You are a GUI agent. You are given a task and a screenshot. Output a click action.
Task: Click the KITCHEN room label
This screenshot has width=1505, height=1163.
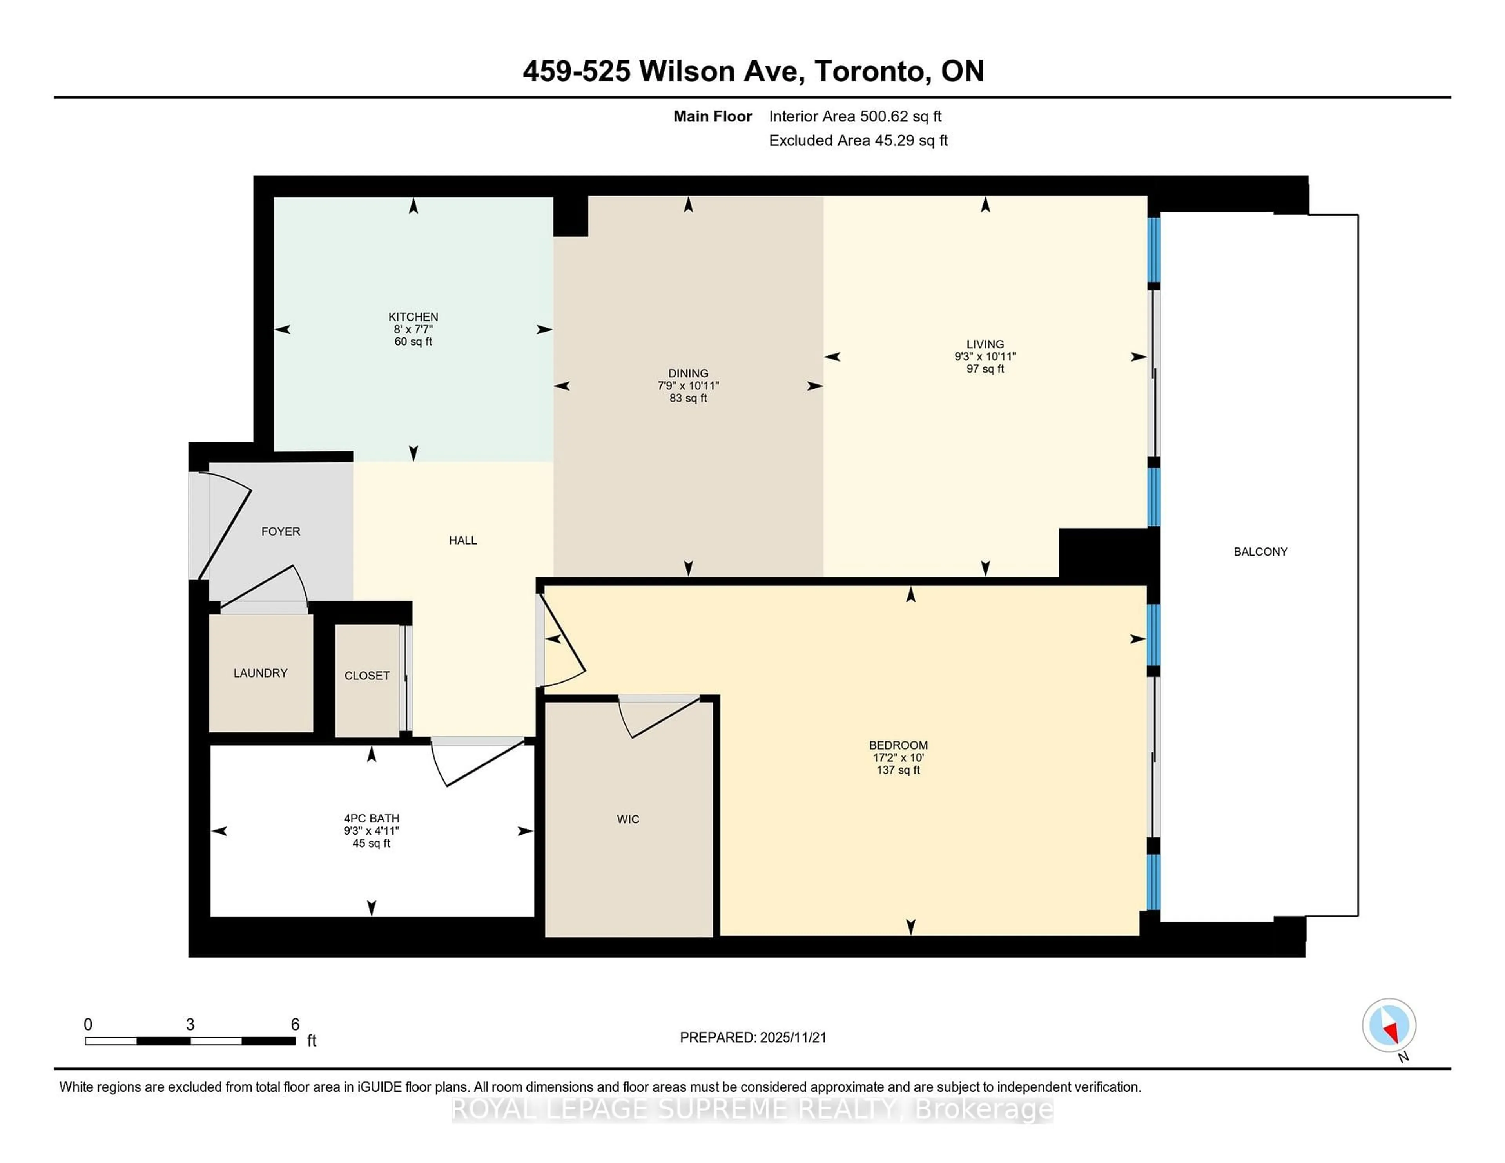413,317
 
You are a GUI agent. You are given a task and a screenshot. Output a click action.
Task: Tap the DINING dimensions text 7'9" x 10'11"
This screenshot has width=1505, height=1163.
688,386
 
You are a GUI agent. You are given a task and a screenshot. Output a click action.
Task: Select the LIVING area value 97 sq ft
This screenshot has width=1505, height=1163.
985,369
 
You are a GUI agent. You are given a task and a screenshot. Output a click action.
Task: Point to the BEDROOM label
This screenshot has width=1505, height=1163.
898,745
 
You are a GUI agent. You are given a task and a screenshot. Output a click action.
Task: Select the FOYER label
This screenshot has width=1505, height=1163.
281,531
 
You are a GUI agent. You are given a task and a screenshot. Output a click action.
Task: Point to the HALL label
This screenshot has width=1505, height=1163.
462,540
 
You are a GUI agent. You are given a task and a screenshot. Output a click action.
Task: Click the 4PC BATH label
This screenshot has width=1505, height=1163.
372,819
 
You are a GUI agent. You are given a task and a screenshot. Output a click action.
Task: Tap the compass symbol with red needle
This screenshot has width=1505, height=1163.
1389,1025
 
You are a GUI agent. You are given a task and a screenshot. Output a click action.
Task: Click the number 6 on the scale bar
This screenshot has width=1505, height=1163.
295,1025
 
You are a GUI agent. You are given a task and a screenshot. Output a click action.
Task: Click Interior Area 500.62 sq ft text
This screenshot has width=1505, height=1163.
855,116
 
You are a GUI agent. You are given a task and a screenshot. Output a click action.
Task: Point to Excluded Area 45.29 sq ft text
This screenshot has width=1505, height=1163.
858,141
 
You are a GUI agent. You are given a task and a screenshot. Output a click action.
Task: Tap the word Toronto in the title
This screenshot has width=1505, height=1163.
870,71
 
